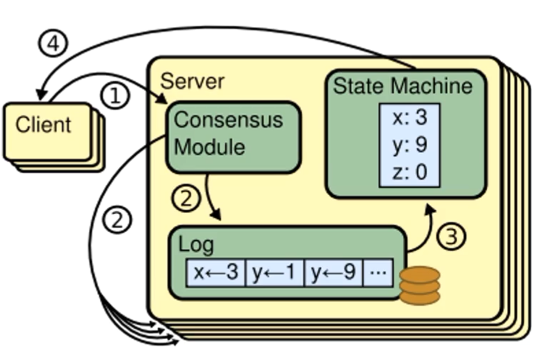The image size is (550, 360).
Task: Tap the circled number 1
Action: click(x=115, y=96)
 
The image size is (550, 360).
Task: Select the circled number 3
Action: click(x=451, y=237)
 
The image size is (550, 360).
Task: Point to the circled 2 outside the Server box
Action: click(x=118, y=220)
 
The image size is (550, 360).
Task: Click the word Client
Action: click(x=44, y=124)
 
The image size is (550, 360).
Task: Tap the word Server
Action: click(x=192, y=81)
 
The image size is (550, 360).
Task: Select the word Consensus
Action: click(x=228, y=119)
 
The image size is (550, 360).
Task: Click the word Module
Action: click(x=210, y=146)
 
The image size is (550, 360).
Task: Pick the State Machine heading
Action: click(x=403, y=86)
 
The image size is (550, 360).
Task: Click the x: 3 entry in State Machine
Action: click(x=409, y=119)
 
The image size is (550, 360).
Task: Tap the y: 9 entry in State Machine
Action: click(x=409, y=145)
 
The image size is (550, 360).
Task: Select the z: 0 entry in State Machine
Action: click(x=409, y=172)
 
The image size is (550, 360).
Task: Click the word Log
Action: click(x=196, y=245)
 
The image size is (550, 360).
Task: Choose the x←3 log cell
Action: click(x=216, y=273)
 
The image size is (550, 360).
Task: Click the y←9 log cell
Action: click(x=333, y=273)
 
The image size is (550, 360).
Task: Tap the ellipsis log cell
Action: click(x=378, y=273)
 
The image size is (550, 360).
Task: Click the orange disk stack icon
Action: click(x=419, y=285)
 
